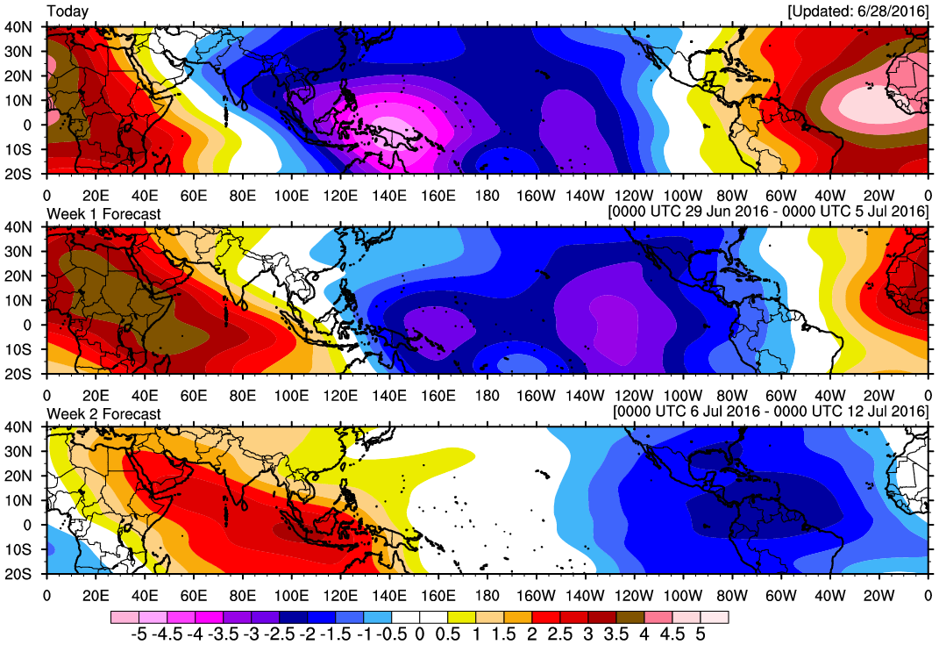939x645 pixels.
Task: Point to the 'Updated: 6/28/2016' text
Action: (x=857, y=11)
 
